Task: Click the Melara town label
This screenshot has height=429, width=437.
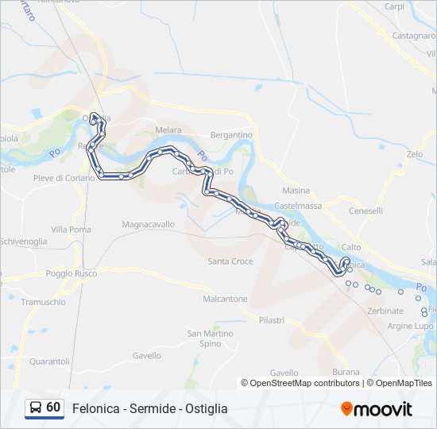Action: (x=168, y=130)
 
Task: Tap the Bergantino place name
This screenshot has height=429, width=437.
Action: (x=230, y=135)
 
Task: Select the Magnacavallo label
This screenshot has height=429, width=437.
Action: (x=148, y=225)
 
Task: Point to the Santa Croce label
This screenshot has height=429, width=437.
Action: (x=230, y=261)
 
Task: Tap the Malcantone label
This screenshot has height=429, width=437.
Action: (x=225, y=300)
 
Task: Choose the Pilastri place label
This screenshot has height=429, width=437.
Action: (x=271, y=319)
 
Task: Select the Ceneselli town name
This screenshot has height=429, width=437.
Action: (x=365, y=211)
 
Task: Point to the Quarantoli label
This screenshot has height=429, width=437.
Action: (x=49, y=361)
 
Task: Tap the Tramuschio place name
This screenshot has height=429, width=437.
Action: (x=43, y=303)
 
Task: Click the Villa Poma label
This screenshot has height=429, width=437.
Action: (x=71, y=230)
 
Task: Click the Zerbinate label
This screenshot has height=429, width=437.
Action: (x=385, y=311)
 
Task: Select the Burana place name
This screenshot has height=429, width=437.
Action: (x=346, y=372)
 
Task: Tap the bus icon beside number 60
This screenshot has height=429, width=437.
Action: (x=36, y=408)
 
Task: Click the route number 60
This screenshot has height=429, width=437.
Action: (x=53, y=408)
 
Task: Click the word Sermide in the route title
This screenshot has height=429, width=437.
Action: (x=153, y=408)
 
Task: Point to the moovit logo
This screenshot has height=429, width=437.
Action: (x=377, y=409)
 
